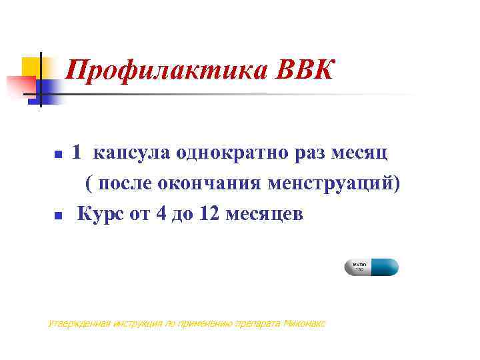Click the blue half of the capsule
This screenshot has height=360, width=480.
coord(384,267)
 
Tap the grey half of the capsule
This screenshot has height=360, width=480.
coord(356,267)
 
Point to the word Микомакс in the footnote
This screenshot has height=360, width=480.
coord(304,324)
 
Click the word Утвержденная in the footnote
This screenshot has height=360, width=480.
coord(73,324)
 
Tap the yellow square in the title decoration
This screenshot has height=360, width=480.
coord(31,67)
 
